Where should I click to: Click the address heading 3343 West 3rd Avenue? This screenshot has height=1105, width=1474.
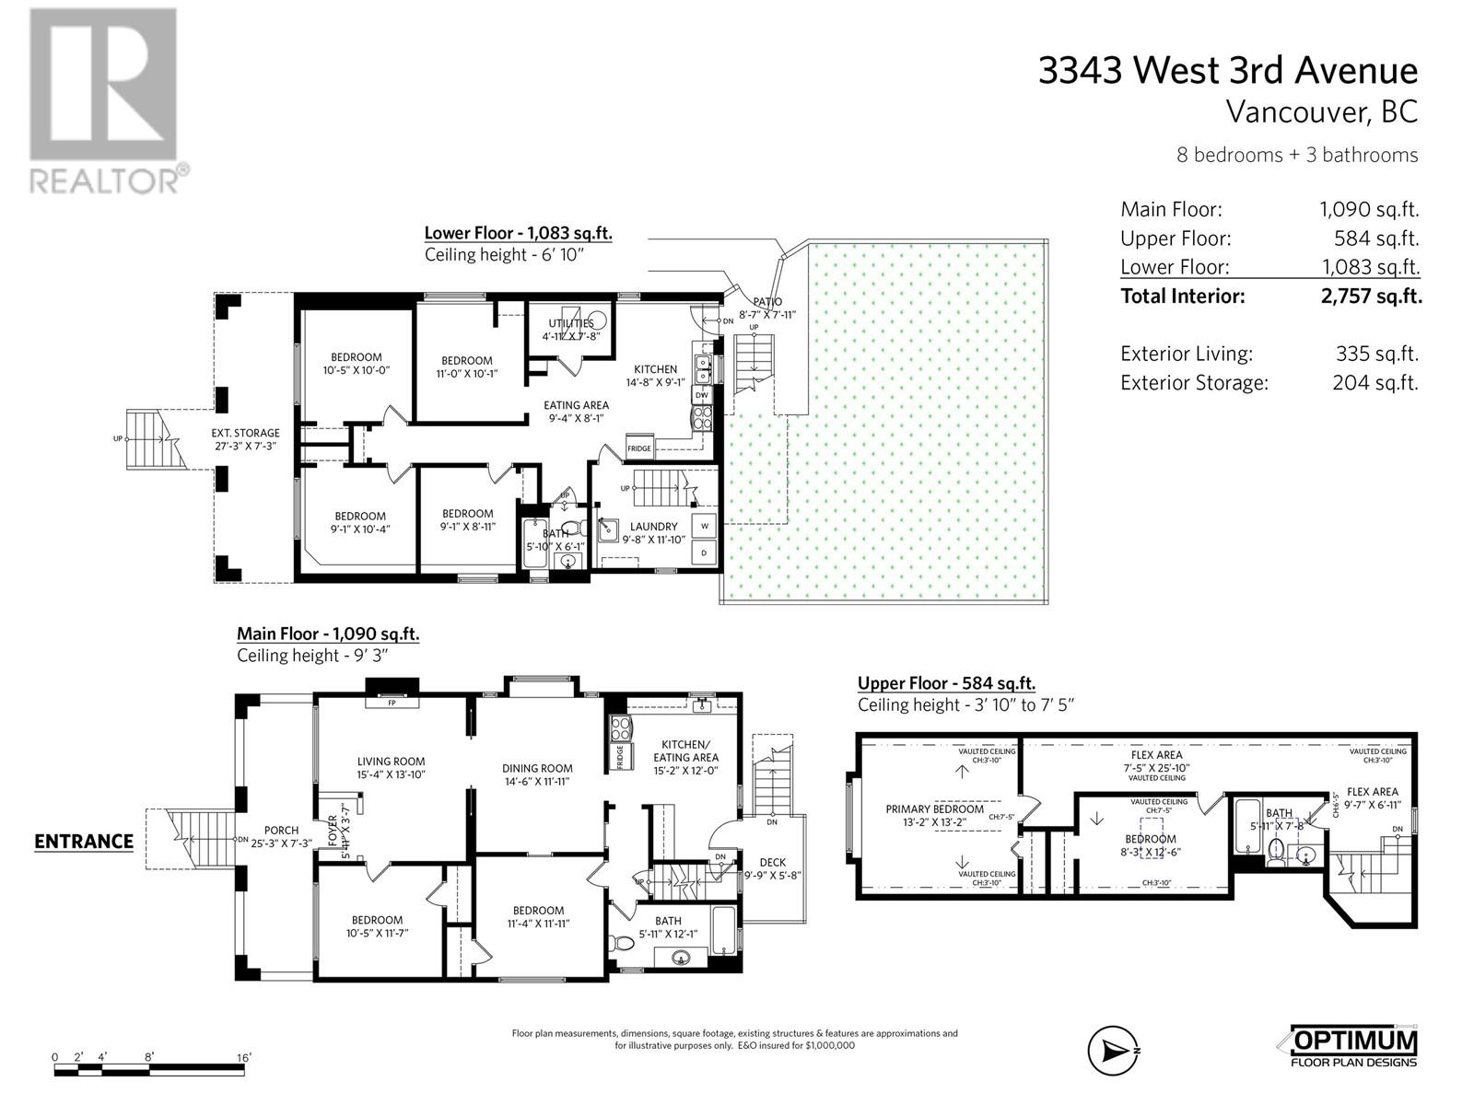(1228, 71)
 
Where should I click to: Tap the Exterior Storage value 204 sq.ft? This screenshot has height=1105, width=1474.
(1375, 383)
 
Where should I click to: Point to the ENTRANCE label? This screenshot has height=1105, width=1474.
(84, 841)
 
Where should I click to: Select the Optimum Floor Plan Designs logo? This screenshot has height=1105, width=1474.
(1352, 1047)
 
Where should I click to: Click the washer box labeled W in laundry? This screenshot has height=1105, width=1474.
(705, 526)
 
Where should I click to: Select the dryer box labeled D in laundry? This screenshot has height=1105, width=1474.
(705, 553)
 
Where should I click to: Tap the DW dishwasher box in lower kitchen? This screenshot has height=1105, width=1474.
(702, 395)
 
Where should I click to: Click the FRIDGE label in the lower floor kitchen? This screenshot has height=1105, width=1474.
(639, 448)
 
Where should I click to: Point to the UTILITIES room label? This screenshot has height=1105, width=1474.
(571, 323)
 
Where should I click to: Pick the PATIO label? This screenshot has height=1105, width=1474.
(766, 301)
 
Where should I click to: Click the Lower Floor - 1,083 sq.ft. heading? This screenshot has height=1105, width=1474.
(518, 234)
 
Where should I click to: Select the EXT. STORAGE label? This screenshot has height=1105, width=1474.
(244, 433)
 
